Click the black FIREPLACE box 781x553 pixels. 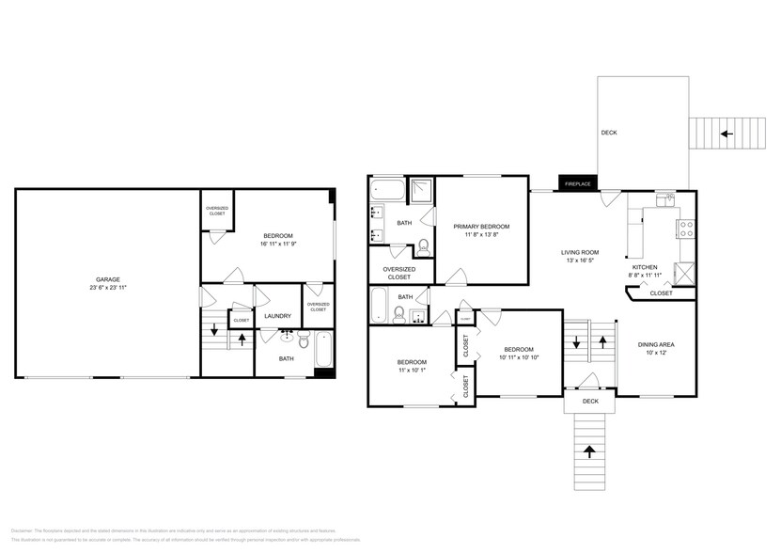(577, 183)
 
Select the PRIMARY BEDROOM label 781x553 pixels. (481, 227)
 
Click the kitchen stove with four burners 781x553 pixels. (686, 226)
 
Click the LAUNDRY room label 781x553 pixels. (277, 316)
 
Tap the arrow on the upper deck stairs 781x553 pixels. (726, 134)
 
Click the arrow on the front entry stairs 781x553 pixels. (590, 451)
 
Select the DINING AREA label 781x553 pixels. (655, 344)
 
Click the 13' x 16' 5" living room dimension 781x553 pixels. (580, 261)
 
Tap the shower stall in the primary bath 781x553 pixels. (420, 191)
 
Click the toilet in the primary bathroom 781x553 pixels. (424, 247)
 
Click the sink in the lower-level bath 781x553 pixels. (289, 335)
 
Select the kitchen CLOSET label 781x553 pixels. (662, 293)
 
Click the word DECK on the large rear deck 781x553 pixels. (609, 134)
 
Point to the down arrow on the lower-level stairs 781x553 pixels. (214, 330)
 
